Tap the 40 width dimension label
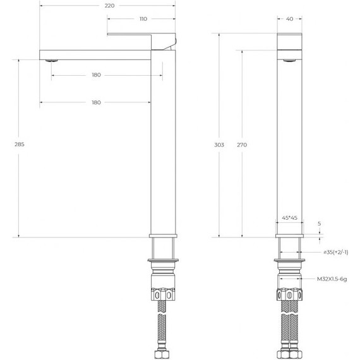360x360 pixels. (289, 19)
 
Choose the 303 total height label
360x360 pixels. (219, 145)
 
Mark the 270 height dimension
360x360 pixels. (242, 145)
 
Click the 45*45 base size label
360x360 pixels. (289, 218)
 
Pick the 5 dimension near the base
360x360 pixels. (320, 224)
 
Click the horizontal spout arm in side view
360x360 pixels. (95, 52)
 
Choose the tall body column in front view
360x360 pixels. (289, 145)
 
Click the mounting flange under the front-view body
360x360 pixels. (289, 260)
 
